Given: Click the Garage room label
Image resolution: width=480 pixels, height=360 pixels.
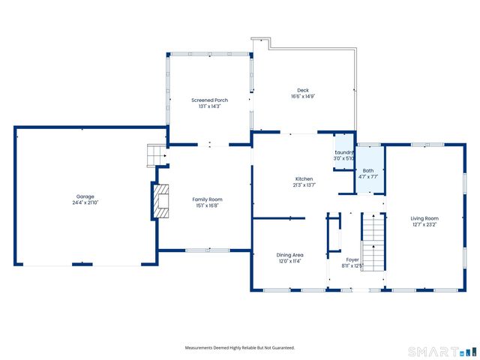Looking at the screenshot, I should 84,196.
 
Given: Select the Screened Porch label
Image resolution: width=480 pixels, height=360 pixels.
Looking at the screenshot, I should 209,100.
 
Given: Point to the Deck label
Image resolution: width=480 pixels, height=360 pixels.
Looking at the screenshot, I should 302,89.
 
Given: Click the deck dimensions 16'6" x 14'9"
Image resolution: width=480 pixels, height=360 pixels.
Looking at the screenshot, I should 302,96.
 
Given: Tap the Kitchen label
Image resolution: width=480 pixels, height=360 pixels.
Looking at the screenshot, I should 304,178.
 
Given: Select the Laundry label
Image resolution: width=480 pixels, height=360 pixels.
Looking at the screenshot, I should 343,152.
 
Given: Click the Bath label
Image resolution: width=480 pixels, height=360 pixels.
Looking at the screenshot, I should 368,170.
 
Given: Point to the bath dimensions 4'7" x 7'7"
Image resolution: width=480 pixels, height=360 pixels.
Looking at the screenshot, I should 368,177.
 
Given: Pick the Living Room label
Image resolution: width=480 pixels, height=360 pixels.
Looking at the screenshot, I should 424,217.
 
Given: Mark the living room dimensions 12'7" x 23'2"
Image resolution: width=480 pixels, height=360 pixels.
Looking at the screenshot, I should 424,224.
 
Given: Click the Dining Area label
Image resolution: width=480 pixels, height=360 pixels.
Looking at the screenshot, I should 289,255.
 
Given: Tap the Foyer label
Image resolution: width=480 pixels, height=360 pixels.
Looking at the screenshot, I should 352,259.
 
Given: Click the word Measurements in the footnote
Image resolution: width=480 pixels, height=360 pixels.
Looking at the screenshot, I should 202,348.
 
